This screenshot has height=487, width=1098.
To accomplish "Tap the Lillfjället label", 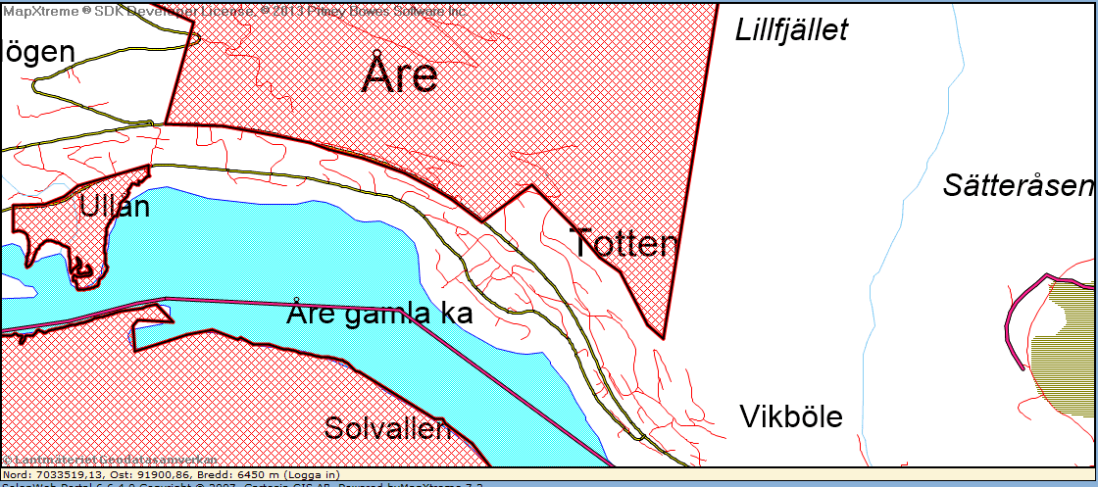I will point(791,30).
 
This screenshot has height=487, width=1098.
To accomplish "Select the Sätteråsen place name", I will point(1018,186).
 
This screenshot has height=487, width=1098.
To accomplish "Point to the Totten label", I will point(624,243).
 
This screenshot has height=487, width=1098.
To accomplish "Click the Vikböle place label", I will point(791,417).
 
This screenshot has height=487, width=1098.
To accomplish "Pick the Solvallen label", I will point(387,428).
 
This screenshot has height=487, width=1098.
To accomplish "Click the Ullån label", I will point(115,207).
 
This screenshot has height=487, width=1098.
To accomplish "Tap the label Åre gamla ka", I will point(380,314).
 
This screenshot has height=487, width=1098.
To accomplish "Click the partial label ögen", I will point(40,52).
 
